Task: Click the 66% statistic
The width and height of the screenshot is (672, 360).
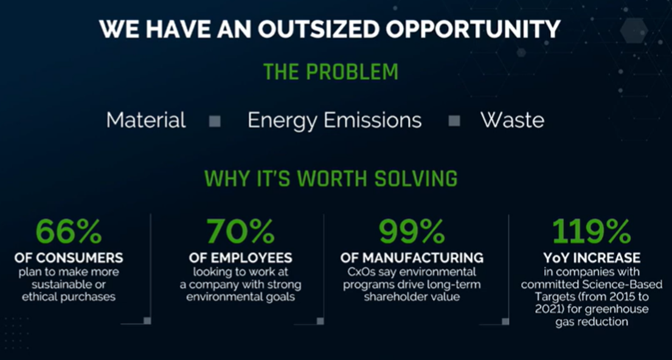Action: point(69,232)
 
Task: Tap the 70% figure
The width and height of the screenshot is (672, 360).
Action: point(240,232)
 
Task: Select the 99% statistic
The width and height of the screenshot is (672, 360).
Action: point(412,232)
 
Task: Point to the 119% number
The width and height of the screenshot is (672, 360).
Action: point(592,232)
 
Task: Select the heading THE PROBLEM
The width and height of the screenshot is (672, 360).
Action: point(330,72)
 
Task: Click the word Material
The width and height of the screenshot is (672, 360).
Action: point(146,120)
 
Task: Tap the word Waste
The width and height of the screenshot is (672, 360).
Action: point(512,120)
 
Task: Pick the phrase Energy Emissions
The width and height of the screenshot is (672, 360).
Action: point(334,121)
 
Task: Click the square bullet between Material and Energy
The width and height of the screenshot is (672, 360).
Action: point(215,121)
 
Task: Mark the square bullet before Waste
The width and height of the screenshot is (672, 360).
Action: point(454,121)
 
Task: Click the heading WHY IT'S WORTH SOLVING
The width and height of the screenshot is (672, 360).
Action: point(330,178)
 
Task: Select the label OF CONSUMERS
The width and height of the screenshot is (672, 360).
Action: point(69,258)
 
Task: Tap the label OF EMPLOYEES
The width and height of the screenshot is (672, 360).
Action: point(240,258)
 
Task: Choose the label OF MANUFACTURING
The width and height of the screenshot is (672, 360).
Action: point(412,258)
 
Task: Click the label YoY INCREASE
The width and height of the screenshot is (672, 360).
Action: point(592,258)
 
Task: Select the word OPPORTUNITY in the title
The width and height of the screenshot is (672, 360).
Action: point(473,29)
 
